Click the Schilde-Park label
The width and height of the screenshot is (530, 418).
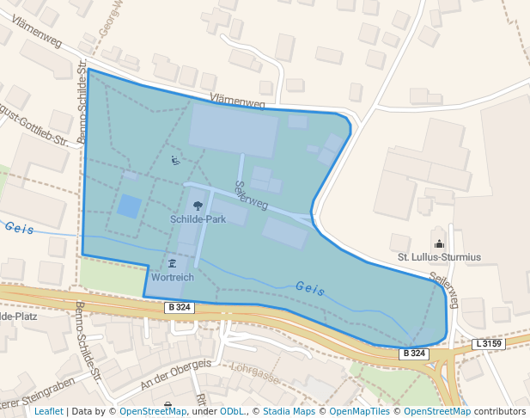(x=198, y=219)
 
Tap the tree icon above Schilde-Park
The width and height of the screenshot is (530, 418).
(x=198, y=206)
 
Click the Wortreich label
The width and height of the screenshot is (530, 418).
(x=172, y=278)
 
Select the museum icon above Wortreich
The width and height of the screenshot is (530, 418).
(x=172, y=263)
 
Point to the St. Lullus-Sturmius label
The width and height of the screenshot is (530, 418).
(x=439, y=256)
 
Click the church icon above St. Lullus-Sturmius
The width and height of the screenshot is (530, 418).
(x=440, y=243)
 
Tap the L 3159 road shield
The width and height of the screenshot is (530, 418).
(x=489, y=344)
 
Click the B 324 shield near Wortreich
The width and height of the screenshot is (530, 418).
(x=180, y=307)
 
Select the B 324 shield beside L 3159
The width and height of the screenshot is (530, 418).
(x=413, y=353)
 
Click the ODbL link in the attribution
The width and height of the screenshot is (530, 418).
(x=232, y=411)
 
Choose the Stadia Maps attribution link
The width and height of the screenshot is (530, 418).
(x=289, y=411)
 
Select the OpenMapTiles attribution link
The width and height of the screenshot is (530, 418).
(x=361, y=411)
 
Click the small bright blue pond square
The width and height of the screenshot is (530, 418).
(x=129, y=206)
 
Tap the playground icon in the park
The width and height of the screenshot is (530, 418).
(x=174, y=160)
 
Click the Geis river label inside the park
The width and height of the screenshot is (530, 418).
(x=309, y=289)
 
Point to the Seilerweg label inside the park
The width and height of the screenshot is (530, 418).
(x=251, y=196)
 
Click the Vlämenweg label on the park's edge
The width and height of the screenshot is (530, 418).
(x=237, y=101)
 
